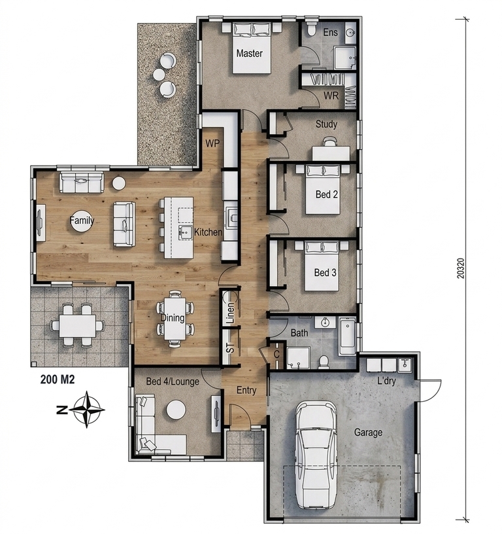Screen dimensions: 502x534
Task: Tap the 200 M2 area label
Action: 58,380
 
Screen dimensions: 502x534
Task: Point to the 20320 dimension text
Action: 461,268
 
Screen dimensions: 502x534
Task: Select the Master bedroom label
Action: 249,53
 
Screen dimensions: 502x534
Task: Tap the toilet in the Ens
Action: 310,28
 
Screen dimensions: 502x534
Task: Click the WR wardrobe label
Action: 331,96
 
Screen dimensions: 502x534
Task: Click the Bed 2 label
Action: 327,194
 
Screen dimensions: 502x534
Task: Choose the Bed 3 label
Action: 325,272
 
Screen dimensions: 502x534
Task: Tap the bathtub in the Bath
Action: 347,336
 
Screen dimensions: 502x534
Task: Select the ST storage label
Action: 230,348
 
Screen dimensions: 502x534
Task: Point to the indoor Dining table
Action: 175,318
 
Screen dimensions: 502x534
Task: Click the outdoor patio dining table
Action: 77,326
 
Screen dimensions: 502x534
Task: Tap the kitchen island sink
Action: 186,232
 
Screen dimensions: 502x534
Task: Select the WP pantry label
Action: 212,143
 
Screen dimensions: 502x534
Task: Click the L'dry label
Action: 387,380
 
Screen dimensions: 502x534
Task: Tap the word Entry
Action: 246,390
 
